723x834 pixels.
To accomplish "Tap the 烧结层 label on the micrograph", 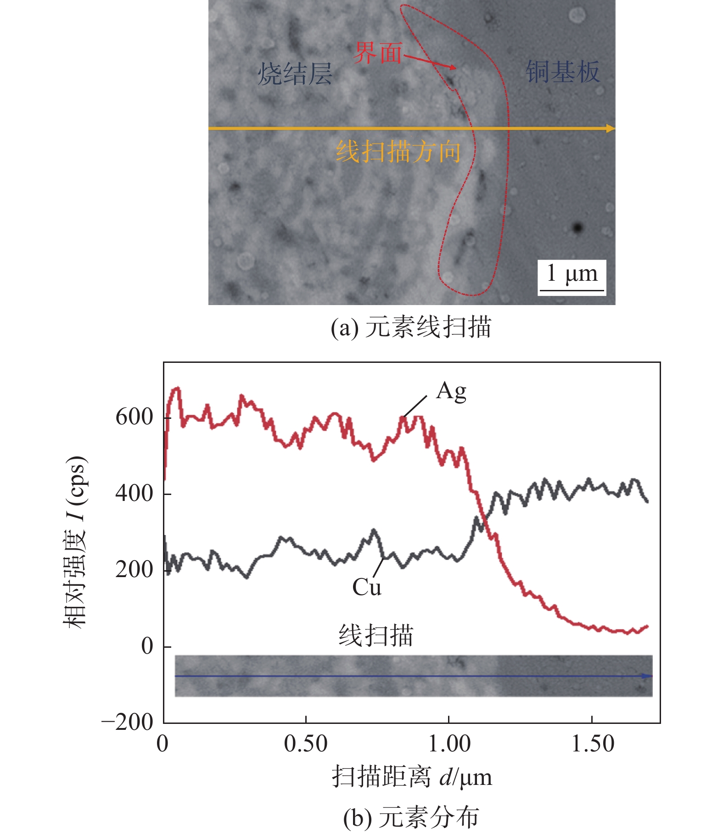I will point(295,73).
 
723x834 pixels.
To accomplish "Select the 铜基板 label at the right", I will point(562,72).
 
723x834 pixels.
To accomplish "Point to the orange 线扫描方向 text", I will point(398,151).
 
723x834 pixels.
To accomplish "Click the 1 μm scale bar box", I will point(572,277).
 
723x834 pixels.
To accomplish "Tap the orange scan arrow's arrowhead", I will point(610,128).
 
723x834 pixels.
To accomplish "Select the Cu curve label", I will point(366,588).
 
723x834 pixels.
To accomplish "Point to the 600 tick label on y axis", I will point(134,417).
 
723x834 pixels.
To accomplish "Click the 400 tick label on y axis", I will point(134,494).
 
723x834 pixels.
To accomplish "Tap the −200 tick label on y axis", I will point(127,723).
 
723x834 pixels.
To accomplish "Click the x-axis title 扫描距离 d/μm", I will point(412,777).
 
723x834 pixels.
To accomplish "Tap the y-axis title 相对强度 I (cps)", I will point(74,542).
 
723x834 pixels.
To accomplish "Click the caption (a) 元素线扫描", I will point(411,328).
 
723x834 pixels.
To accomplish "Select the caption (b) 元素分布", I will point(411,817).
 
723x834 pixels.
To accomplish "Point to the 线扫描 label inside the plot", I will point(376,636).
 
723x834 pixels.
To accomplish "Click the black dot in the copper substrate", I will point(577,228).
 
